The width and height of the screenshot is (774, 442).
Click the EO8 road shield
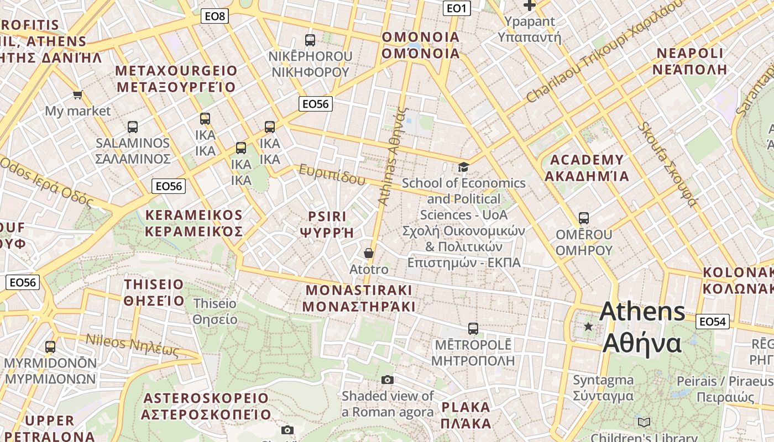pos(215,16)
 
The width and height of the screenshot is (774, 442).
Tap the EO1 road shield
pos(457,8)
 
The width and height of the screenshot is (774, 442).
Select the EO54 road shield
pos(713,322)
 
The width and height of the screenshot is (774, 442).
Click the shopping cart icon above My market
pos(78,95)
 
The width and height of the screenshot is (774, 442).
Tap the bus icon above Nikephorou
pos(310,40)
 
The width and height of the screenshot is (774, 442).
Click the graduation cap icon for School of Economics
pos(463,167)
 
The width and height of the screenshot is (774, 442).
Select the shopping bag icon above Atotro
pos(369,253)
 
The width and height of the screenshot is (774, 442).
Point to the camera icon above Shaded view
pos(388,380)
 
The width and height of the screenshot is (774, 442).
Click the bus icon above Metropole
pos(473,329)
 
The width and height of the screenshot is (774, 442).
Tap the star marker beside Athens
pos(588,327)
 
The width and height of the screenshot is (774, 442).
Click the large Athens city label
pos(642,327)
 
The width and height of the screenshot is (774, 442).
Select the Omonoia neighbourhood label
pos(421,45)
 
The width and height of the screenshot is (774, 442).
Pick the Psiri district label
pos(327,224)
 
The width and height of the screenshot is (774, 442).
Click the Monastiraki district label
pos(359,298)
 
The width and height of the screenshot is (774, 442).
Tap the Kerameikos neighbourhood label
pos(193,223)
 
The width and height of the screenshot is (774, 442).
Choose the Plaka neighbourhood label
pos(466,415)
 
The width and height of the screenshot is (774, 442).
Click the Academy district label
pos(587,168)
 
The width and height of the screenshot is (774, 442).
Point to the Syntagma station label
pos(603,388)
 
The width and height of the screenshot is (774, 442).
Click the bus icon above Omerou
pos(584,218)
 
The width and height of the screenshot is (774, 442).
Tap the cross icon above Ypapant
pos(530,6)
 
